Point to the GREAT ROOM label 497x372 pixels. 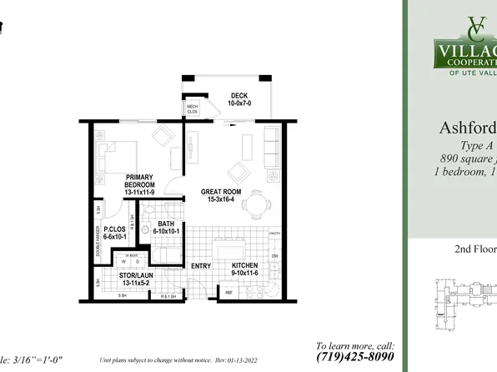[x=222, y=194]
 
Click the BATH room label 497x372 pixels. [x=164, y=227]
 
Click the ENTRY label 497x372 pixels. [x=201, y=266]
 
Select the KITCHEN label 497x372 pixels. [x=248, y=269]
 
